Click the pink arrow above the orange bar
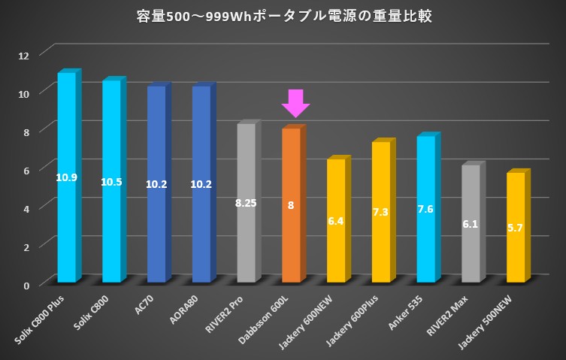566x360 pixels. [295, 103]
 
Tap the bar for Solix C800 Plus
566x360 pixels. [67, 225]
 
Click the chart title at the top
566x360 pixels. [283, 17]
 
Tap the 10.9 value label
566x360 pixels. [67, 177]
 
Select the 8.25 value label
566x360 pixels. [247, 203]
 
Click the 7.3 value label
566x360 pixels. [381, 213]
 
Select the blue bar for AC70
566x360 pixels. [156, 225]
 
